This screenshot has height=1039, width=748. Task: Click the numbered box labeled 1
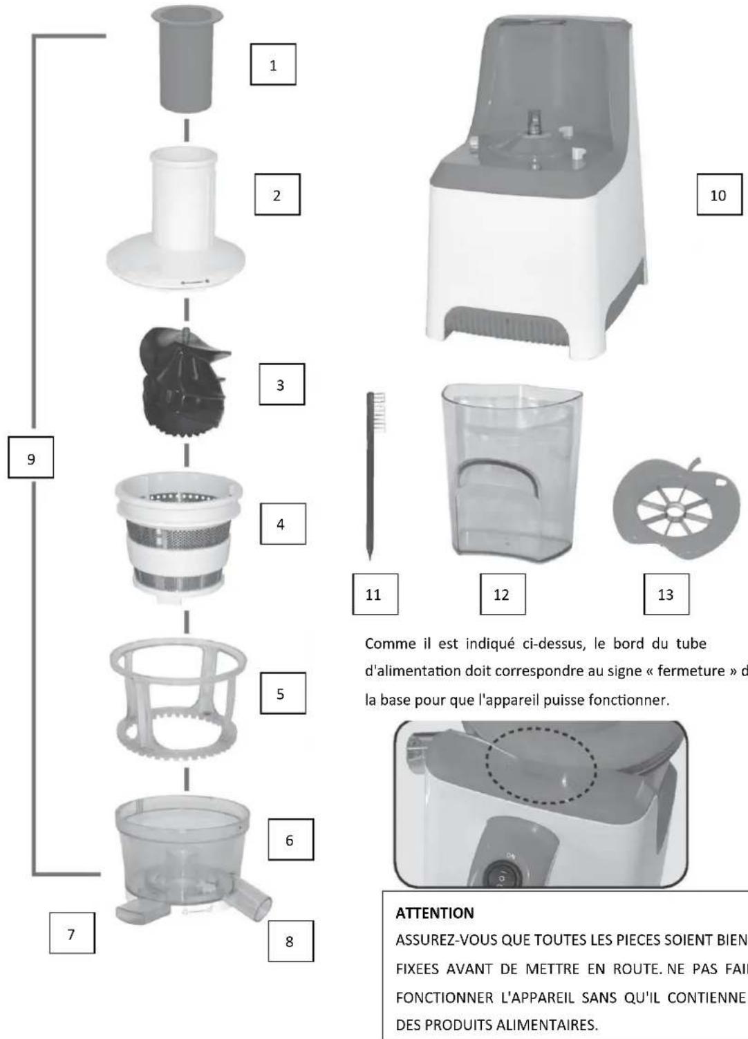point(272,65)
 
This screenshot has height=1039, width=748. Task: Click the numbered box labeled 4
point(280,524)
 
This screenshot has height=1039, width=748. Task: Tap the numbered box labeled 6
point(290,840)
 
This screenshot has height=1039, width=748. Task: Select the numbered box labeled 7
point(71,934)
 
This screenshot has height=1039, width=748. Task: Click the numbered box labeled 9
point(30,458)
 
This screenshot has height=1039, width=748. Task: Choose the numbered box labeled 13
point(665,594)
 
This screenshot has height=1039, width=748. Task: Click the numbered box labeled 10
point(718,195)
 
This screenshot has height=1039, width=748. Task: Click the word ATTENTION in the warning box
point(434,913)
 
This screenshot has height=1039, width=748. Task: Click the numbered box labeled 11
point(373,594)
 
